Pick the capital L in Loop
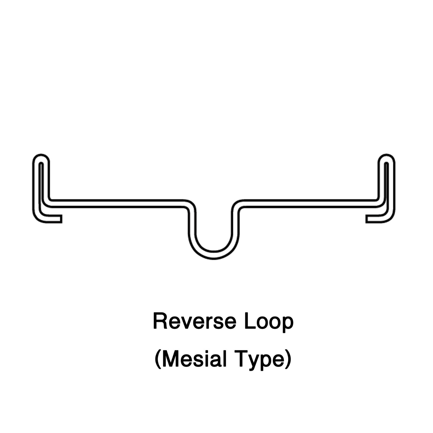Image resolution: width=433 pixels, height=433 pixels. (x=250, y=321)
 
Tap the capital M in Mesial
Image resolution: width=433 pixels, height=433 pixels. (x=170, y=359)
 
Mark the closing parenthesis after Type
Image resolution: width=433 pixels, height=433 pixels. (x=288, y=360)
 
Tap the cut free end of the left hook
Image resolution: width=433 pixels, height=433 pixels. (x=61, y=219)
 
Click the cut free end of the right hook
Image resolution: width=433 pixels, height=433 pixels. (x=366, y=219)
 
